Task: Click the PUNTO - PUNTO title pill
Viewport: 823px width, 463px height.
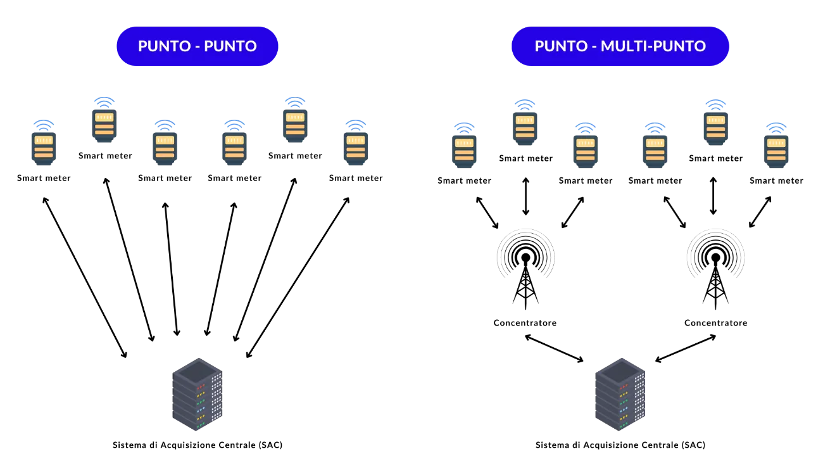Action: point(198,46)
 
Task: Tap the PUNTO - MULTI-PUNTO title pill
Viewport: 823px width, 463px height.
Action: point(620,46)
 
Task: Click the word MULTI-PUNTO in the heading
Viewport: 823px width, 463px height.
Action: point(653,46)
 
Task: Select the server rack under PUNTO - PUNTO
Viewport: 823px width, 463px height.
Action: point(197,395)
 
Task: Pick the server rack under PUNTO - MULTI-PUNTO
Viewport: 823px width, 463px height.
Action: point(620,396)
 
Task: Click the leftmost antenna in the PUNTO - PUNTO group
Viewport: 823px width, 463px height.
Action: point(43,148)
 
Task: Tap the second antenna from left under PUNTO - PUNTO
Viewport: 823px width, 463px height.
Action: point(104,125)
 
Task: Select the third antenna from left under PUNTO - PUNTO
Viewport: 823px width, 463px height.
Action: point(165,148)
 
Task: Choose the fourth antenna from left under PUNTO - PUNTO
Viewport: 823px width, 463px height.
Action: point(234,148)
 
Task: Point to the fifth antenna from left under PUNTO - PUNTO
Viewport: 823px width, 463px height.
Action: point(294,125)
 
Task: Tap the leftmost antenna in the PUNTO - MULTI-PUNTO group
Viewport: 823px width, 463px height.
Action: point(465,151)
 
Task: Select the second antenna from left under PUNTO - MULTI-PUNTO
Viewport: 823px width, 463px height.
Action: point(525,127)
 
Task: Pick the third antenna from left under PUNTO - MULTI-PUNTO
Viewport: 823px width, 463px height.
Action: point(586,151)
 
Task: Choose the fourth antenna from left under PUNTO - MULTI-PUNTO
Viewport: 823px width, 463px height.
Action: point(656,151)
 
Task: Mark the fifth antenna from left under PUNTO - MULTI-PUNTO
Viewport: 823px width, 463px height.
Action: point(715,127)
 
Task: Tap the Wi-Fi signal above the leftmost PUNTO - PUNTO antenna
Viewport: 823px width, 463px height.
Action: point(43,123)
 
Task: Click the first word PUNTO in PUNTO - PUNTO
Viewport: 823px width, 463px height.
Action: point(161,46)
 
